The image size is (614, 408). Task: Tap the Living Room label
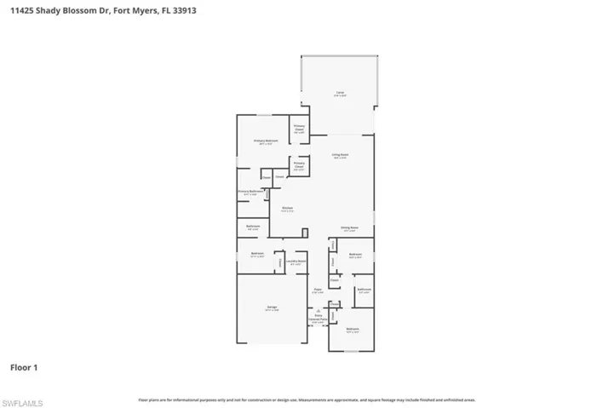click(341, 156)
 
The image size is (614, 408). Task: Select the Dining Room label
click(348, 228)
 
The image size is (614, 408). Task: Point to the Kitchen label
click(288, 209)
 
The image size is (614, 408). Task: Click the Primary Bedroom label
click(266, 141)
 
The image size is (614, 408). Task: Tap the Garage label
click(272, 310)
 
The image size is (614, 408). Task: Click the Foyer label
click(317, 290)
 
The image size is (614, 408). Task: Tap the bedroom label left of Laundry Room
click(256, 255)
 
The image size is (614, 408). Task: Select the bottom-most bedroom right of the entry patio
click(353, 330)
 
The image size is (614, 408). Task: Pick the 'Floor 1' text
click(24, 368)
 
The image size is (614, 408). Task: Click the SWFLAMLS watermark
click(24, 399)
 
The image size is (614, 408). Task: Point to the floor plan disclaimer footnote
click(307, 399)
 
